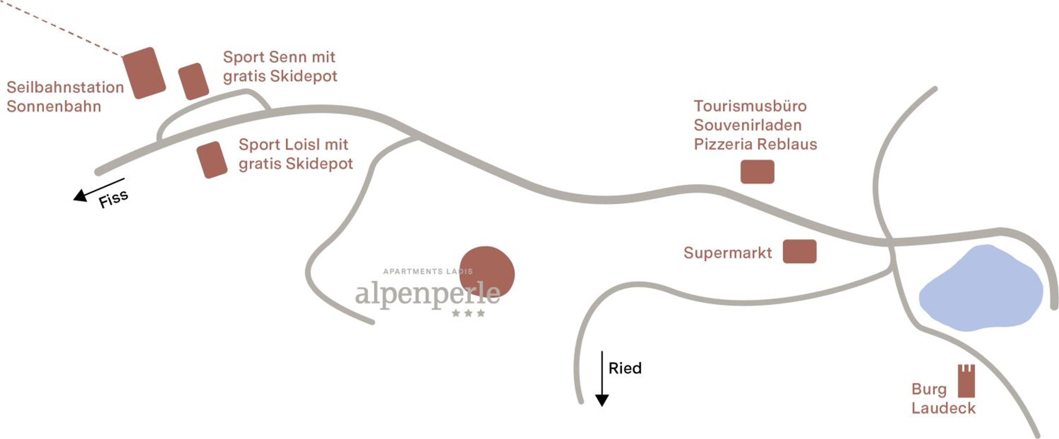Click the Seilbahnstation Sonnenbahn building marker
(x=144, y=73)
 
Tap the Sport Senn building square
(x=193, y=82)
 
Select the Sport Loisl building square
(x=212, y=160)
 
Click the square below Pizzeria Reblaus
(x=757, y=172)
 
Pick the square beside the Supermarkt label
(x=799, y=252)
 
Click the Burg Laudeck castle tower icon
(x=966, y=381)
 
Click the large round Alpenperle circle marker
(x=487, y=272)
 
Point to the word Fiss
(x=113, y=199)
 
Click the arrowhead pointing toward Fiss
(x=80, y=196)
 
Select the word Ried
(x=625, y=368)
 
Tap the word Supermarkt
(x=728, y=253)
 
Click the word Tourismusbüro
(x=750, y=106)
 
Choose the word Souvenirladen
(x=748, y=125)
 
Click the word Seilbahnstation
(x=65, y=87)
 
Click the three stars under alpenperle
(x=468, y=313)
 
